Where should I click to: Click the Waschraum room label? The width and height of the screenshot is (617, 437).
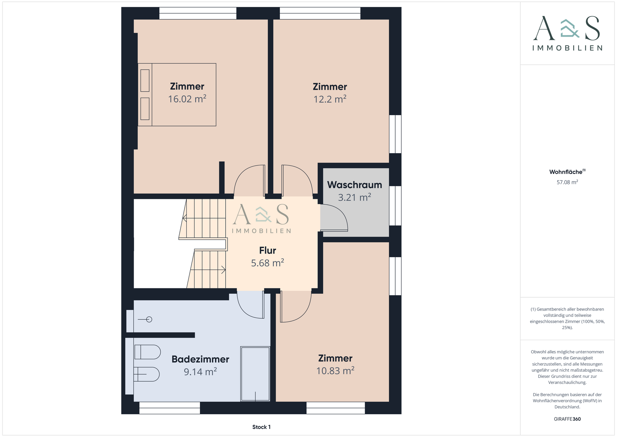coord(354,185)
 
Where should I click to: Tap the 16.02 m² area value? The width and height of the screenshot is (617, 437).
coord(187,99)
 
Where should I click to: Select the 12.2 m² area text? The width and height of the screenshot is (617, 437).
coord(330,99)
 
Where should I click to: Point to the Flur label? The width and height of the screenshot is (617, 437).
coord(268,250)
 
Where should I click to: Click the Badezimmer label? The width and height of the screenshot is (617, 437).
coord(200,359)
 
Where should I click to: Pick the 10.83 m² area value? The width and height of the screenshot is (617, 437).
coord(335,371)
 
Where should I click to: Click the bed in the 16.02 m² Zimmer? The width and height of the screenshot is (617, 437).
coord(177,95)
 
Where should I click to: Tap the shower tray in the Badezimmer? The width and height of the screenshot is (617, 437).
coord(255,374)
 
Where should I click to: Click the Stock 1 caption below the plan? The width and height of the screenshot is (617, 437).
coord(261,427)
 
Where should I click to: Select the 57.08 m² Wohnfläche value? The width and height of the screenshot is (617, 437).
coord(567,182)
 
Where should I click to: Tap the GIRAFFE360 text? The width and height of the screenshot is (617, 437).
coord(567,419)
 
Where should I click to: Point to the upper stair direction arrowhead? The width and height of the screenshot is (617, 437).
coord(184,218)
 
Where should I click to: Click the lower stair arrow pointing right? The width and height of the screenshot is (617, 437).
coord(208,270)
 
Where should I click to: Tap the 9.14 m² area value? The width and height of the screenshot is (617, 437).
coord(200,372)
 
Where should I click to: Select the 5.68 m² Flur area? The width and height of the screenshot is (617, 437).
coord(268,263)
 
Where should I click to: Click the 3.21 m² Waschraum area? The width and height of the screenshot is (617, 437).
coord(354,197)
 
